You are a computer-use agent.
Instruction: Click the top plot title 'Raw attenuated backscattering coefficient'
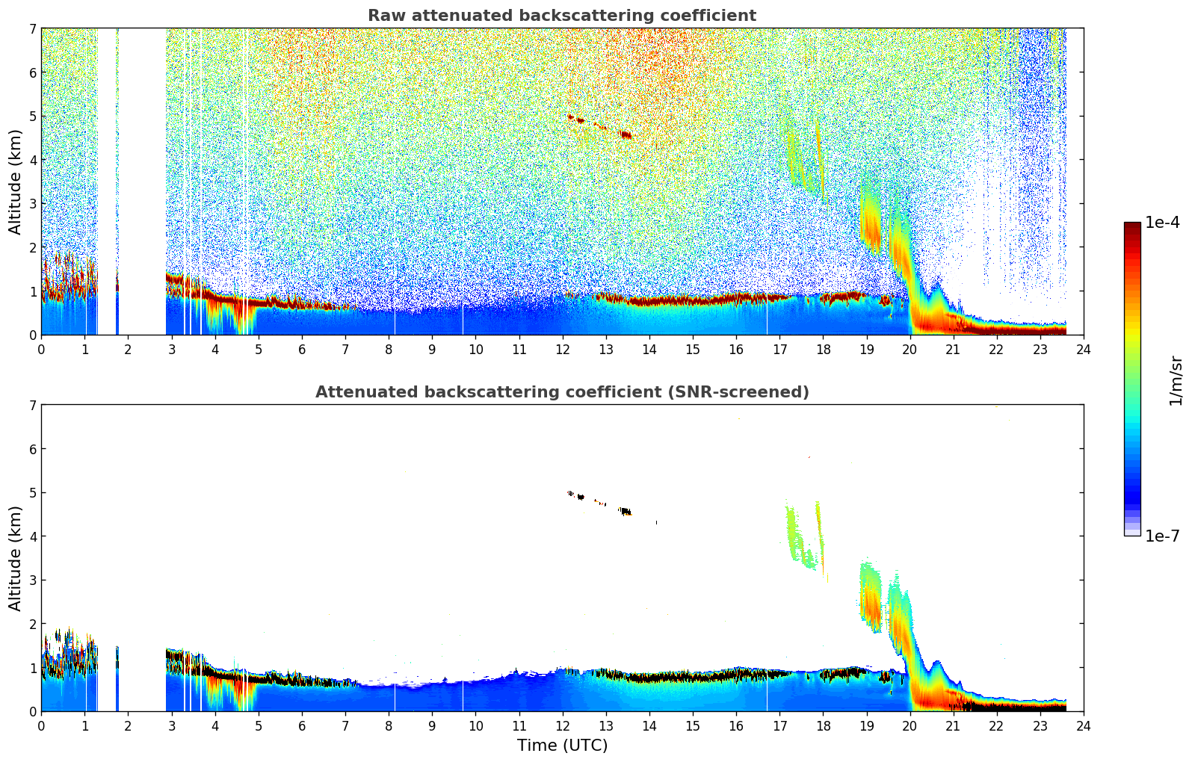561,16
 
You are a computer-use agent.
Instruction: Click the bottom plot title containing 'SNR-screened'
561,392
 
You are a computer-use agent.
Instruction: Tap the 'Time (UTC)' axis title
562,746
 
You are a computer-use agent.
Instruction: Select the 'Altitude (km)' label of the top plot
16,182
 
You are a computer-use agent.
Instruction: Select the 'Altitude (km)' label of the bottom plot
16,558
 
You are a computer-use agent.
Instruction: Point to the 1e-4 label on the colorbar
1162,223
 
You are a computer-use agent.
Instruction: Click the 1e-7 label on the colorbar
1162,536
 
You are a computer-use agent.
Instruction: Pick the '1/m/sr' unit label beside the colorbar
1176,380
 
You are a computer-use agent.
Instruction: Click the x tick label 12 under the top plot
562,350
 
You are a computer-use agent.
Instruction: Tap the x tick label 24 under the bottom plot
1083,726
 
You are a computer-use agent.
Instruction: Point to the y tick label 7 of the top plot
32,29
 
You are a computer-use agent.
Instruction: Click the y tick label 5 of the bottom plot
32,493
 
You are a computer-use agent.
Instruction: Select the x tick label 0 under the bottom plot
41,726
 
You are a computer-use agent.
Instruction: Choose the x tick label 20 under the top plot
910,350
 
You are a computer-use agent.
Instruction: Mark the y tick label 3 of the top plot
32,204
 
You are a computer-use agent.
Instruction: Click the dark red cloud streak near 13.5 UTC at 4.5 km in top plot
626,134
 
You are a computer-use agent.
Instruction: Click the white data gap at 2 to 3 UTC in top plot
142,179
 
